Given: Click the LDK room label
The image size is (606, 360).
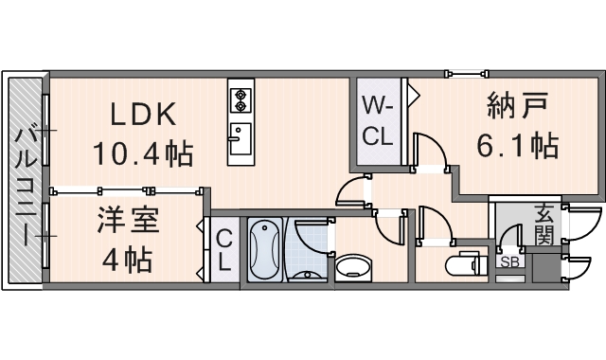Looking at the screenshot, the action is (143, 115).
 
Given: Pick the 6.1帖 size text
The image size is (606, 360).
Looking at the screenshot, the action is (517, 147).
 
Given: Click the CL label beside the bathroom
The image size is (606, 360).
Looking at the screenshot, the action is (224, 251).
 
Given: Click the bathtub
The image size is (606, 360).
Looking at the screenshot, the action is (263, 249).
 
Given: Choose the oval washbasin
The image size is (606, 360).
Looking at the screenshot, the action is (354, 266).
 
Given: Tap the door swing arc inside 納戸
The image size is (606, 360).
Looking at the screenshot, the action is (428, 152).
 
